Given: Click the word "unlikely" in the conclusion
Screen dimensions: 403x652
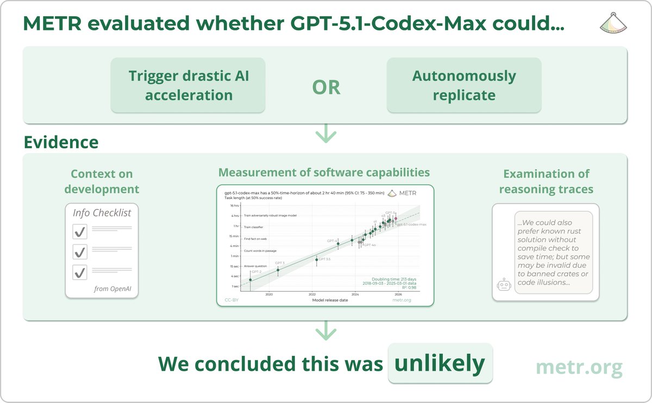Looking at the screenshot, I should pos(440,363).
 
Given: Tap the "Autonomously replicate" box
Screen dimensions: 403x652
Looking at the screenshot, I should pos(463,85).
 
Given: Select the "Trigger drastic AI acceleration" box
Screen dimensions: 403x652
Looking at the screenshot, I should pos(189,85).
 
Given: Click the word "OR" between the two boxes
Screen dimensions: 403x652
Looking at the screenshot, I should pos(326,87).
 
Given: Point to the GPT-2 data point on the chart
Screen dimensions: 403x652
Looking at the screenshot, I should pos(250,280).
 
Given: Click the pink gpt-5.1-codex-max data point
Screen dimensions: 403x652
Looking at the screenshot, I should pos(396,218).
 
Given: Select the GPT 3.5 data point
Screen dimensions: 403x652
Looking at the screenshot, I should pos(316,260).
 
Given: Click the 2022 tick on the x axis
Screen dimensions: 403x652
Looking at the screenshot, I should pos(312,294).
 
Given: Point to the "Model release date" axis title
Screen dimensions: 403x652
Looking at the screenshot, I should pos(329,300).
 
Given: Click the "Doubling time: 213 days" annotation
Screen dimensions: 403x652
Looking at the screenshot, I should pos(394,278).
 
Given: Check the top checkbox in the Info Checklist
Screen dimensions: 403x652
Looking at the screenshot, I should pos(80,232).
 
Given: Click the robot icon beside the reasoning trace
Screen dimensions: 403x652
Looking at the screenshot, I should pos(504,286).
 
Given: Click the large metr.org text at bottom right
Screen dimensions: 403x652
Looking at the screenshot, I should pos(579,368).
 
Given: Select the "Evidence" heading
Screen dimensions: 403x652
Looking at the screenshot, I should pos(61,142).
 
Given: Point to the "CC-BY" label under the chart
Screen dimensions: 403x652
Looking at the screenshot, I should pos(231,300).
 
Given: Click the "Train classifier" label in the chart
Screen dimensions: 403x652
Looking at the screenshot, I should pos(254,226).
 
